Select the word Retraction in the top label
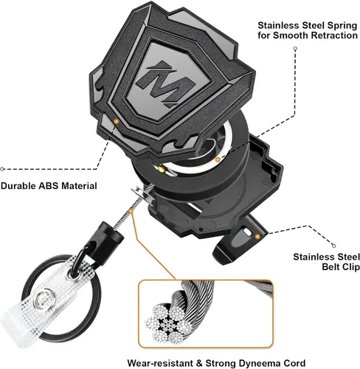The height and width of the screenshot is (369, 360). click(x=334, y=35)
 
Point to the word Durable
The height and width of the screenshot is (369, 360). click(x=18, y=186)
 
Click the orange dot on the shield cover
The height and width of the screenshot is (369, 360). click(x=117, y=121)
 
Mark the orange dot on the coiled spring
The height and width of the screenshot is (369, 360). click(x=218, y=160)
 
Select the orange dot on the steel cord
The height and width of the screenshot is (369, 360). click(x=131, y=211)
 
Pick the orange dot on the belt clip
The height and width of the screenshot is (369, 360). click(x=257, y=236)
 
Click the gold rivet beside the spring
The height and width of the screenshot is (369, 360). click(x=161, y=169)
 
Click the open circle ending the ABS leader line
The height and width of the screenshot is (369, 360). click(x=2, y=169)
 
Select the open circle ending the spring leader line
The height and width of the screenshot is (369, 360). click(x=296, y=49)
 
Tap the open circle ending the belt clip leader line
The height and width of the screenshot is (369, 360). click(x=333, y=246)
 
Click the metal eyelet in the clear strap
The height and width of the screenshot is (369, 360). click(x=72, y=275)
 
